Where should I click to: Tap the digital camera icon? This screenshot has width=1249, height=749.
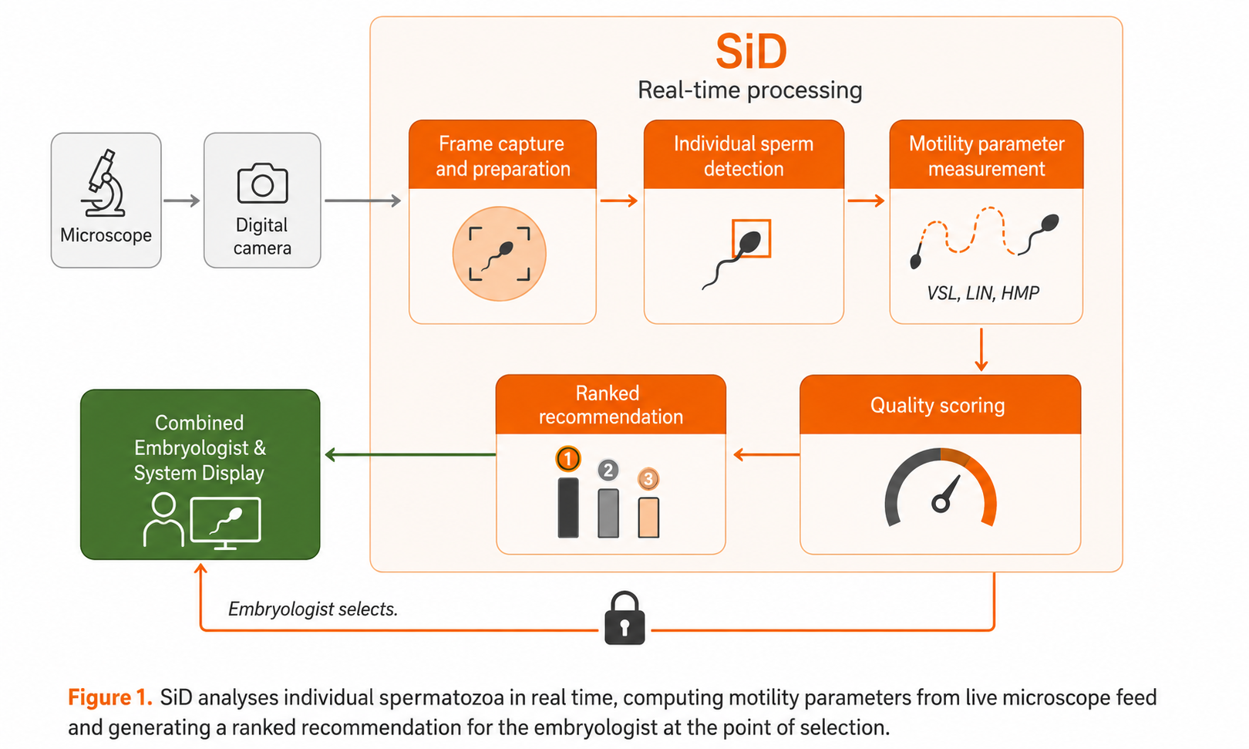point(263,183)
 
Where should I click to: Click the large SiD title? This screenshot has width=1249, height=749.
point(751,52)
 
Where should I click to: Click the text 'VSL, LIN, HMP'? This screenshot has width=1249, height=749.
point(983,293)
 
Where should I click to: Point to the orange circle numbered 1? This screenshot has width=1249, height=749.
point(568,459)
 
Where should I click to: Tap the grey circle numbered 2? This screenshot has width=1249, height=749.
point(608,470)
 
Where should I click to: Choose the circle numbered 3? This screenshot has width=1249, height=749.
point(648,478)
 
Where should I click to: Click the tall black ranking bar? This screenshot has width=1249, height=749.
point(568,508)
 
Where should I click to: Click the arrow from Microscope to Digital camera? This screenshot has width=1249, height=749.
point(182,201)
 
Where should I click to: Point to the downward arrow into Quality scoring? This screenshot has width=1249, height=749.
point(981,349)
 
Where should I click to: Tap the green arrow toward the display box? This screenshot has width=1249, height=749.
point(410,454)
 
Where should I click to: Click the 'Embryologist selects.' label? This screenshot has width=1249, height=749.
point(313,609)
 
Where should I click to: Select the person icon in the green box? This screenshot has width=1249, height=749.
point(163,519)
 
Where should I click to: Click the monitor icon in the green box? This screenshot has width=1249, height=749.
point(226,523)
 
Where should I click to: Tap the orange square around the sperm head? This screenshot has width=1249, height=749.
point(751,238)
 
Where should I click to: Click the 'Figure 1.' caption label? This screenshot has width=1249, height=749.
point(110,697)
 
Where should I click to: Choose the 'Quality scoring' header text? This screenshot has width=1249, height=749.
point(938,406)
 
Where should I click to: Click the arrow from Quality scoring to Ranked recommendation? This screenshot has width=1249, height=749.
point(766,454)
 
